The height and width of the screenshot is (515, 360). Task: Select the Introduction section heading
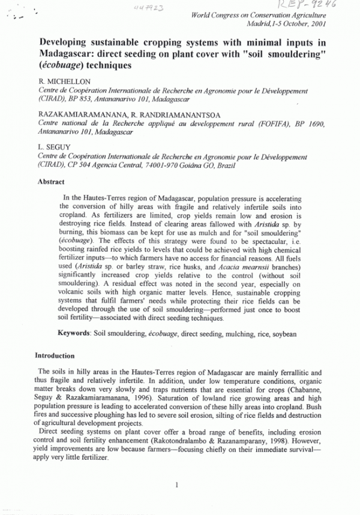(55, 356)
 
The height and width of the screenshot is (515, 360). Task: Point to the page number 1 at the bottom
(176, 484)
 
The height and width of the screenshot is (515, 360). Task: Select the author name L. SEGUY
(52, 146)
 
